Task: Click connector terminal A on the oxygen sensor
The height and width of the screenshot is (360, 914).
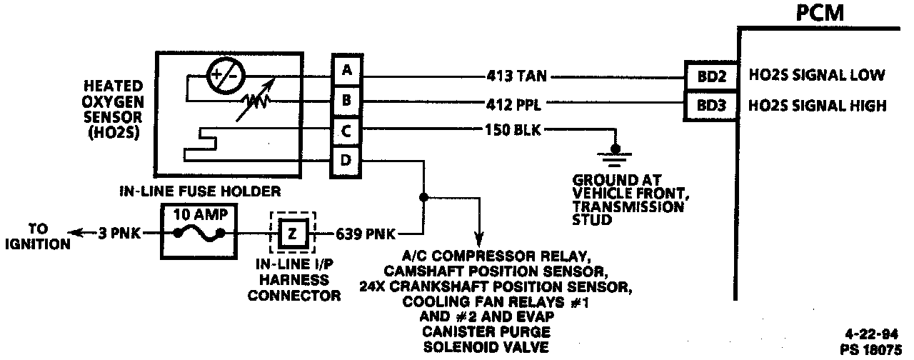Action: click(x=346, y=70)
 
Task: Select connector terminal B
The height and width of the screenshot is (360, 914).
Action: click(x=346, y=101)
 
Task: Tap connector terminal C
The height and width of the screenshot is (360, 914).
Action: click(x=346, y=132)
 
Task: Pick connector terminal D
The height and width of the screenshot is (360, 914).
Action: click(x=346, y=161)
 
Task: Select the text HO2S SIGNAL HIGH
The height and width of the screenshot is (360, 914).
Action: click(x=817, y=106)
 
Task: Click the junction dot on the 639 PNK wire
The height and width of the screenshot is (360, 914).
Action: click(x=423, y=195)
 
